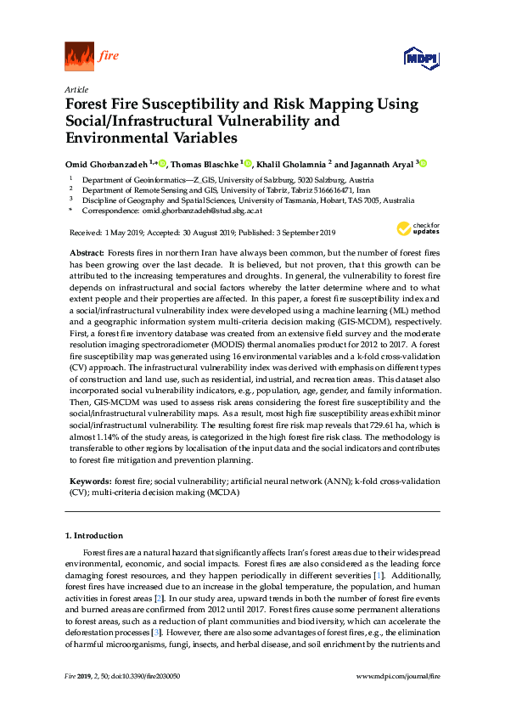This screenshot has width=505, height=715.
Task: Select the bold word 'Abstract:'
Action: (x=85, y=254)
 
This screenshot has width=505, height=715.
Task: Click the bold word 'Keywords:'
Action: (x=88, y=481)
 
